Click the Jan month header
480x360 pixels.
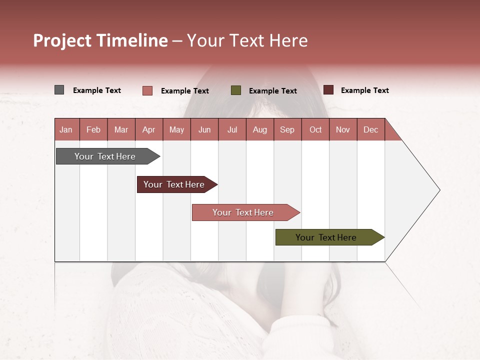click(x=66, y=129)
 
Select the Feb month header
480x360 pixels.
click(x=93, y=129)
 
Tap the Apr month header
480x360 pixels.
click(x=149, y=129)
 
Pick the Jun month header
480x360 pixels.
click(x=204, y=129)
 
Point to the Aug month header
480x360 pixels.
click(x=260, y=129)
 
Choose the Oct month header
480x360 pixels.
click(x=315, y=129)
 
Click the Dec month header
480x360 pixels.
click(x=371, y=129)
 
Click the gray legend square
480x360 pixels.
click(x=59, y=90)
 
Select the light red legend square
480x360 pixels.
click(x=147, y=90)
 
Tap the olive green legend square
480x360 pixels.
click(x=236, y=90)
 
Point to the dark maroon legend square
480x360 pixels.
click(x=328, y=90)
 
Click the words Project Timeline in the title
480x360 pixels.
click(x=100, y=40)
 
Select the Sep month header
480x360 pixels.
click(x=287, y=129)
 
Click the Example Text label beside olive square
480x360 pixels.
click(x=272, y=91)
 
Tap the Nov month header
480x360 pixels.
click(x=343, y=129)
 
